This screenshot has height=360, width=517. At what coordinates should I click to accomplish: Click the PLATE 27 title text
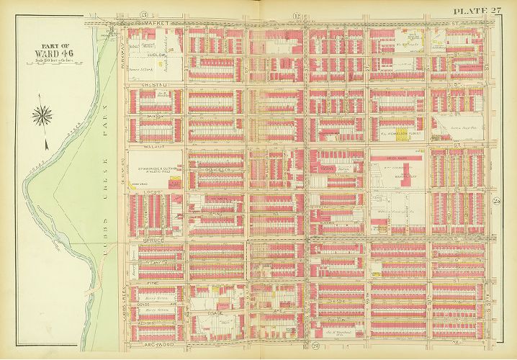click(x=477, y=9)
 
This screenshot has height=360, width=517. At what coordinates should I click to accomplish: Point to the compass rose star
click(x=43, y=114)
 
